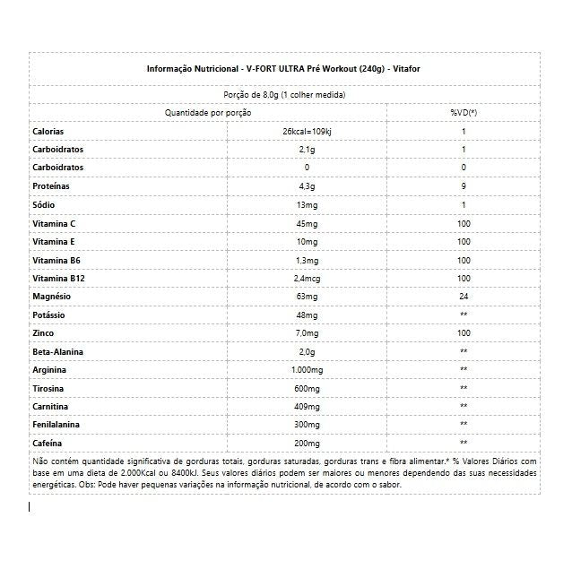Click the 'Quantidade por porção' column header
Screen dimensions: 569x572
[208, 113]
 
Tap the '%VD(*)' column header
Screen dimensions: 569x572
[464, 113]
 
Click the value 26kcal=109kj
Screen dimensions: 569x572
[307, 132]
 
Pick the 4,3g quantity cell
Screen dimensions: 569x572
[307, 186]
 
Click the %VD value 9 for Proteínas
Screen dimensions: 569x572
[464, 186]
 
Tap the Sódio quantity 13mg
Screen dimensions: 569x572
[307, 205]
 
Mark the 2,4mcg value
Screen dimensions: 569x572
[307, 279]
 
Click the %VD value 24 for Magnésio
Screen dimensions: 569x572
[464, 297]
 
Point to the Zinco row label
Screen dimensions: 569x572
[44, 333]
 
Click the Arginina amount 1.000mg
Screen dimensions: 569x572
[307, 370]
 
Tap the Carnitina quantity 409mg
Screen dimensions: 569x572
[307, 407]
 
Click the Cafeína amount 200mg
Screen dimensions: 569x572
[307, 443]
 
